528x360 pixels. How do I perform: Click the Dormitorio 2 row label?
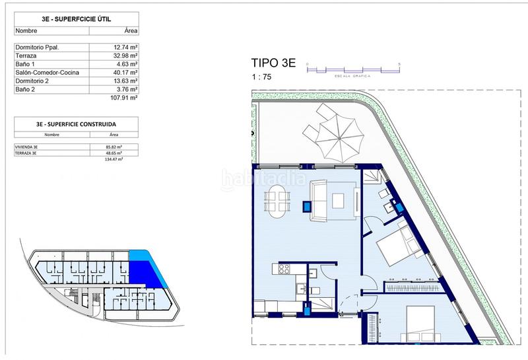coord(32,81)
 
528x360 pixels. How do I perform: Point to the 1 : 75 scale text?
coord(261,77)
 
